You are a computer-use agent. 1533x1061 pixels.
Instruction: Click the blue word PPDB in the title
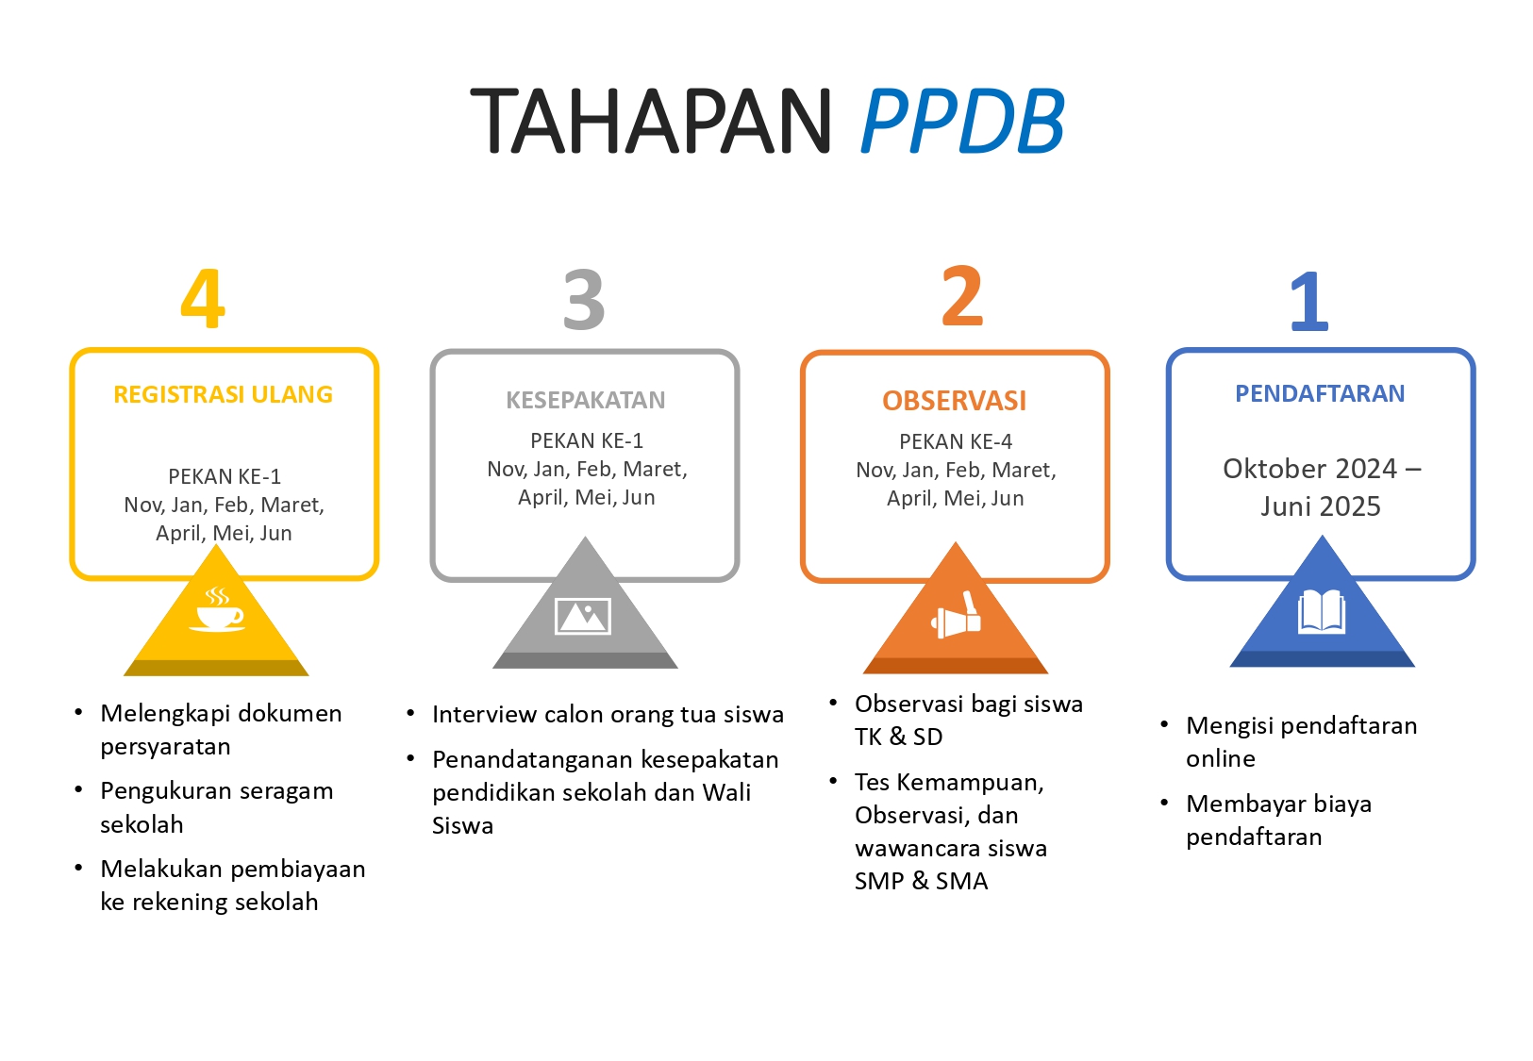962,121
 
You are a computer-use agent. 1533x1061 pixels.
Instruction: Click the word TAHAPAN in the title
650,121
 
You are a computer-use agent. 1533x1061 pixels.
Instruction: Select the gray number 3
584,300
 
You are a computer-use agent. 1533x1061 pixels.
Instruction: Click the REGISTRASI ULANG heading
223,394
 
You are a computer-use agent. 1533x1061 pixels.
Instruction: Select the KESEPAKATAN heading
585,400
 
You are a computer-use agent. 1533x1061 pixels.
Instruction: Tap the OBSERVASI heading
954,401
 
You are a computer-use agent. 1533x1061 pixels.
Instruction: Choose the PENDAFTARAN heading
1320,393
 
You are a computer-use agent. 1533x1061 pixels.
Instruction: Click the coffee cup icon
218,610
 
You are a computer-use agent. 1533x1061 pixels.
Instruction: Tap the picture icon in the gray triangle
583,616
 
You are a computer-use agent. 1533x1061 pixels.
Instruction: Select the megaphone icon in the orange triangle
956,617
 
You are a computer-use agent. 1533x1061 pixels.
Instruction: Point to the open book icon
1321,613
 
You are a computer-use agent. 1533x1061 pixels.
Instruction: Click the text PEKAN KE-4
955,441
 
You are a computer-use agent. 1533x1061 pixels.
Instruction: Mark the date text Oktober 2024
1309,469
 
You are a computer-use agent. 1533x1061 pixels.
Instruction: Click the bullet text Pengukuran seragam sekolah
216,807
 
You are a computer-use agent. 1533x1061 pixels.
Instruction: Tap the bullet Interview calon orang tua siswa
608,714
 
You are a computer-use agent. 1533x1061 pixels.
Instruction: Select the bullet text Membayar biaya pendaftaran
1278,820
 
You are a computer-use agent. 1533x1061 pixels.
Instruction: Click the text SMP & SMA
921,881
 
